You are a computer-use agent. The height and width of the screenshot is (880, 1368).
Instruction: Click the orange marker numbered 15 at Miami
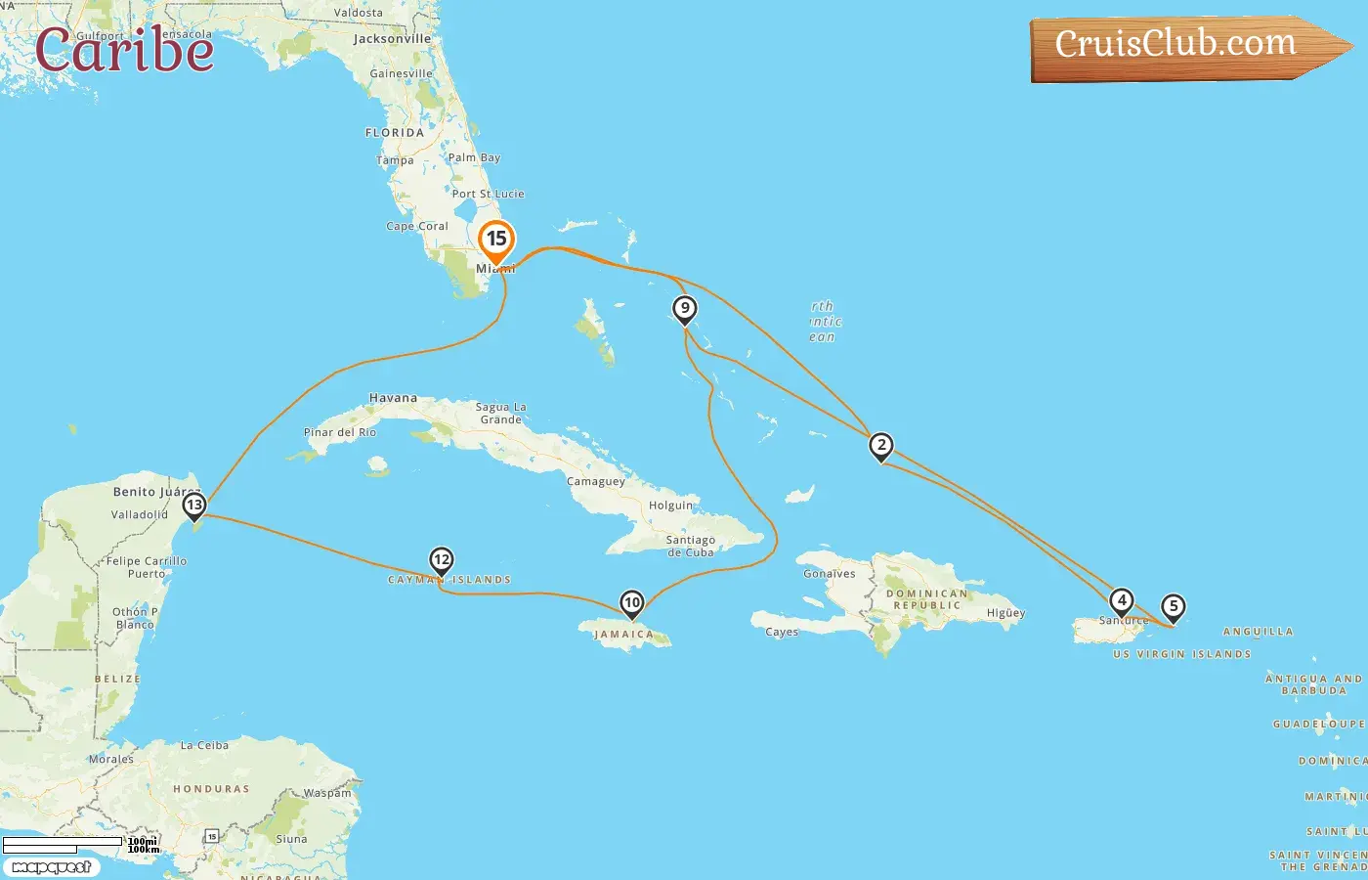[x=496, y=240]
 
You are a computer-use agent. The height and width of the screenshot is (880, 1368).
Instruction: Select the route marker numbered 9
[x=685, y=310]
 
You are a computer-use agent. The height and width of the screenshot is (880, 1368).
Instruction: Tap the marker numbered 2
[x=881, y=447]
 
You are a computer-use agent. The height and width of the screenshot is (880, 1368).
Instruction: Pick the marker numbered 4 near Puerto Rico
[x=1122, y=600]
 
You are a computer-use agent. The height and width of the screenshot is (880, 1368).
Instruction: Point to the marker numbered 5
[x=1174, y=607]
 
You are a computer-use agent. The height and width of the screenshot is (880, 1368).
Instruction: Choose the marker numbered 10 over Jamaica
[x=632, y=603]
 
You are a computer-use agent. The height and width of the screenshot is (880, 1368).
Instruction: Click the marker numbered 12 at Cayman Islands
[x=442, y=560]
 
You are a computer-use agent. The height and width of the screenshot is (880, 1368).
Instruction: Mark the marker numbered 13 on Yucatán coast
[x=194, y=506]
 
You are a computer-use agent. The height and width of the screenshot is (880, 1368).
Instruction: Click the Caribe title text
[x=124, y=50]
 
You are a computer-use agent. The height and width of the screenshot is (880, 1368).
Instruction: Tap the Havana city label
[x=393, y=398]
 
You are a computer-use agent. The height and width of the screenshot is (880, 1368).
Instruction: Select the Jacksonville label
[x=392, y=39]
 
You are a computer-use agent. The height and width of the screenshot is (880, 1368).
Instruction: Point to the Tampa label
[x=395, y=160]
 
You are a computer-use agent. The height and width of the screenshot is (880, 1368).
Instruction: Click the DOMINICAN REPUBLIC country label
[x=926, y=599]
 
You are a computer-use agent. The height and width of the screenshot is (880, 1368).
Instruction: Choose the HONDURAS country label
[x=211, y=789]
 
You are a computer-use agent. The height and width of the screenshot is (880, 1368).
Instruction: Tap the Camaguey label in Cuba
[x=595, y=481]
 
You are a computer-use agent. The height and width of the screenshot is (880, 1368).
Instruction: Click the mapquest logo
[x=52, y=867]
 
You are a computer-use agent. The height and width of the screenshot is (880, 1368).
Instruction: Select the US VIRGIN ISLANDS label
[x=1181, y=654]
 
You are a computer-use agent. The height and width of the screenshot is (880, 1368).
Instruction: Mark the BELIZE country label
[x=117, y=679]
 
